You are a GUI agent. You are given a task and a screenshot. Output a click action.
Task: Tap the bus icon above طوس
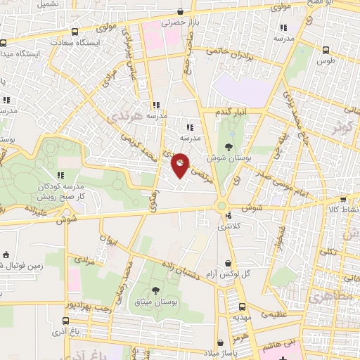[x=325, y=51]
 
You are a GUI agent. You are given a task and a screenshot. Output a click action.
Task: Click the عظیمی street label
[x=274, y=314]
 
